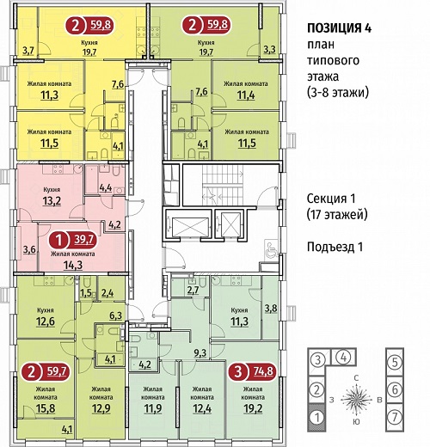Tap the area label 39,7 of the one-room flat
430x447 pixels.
pyautogui.click(x=83, y=239)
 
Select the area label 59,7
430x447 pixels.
pyautogui.click(x=56, y=372)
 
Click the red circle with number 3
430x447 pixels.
pyautogui.click(x=238, y=372)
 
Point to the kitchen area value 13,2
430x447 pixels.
pyautogui.click(x=52, y=201)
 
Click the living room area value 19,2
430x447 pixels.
pyautogui.click(x=254, y=408)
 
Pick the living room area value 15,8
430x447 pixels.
pyautogui.click(x=46, y=408)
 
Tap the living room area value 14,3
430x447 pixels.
pyautogui.click(x=73, y=265)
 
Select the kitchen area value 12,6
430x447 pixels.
pyautogui.click(x=46, y=321)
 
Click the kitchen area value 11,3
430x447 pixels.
pyautogui.click(x=239, y=321)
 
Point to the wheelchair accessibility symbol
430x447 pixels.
pyautogui.click(x=271, y=248)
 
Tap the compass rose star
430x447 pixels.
pyautogui.click(x=356, y=399)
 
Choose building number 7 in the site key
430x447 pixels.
pyautogui.click(x=395, y=417)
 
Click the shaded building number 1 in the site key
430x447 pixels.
pyautogui.click(x=316, y=418)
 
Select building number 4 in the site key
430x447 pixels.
pyautogui.click(x=343, y=358)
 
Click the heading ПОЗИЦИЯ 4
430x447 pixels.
pyautogui.click(x=339, y=28)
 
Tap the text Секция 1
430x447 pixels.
pyautogui.click(x=331, y=199)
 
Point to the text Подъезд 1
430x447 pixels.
pyautogui.click(x=335, y=247)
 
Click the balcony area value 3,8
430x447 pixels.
pyautogui.click(x=271, y=309)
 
